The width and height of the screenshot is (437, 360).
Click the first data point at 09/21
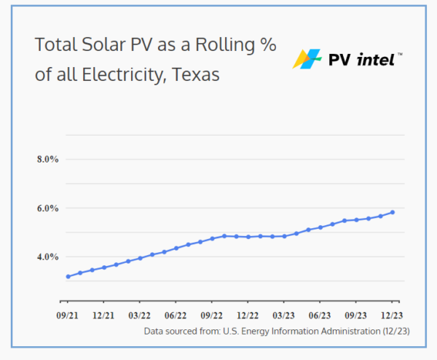68,276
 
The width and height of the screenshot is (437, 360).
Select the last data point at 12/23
393,212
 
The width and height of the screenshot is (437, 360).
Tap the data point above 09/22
212,238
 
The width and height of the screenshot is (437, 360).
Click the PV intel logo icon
307,59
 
